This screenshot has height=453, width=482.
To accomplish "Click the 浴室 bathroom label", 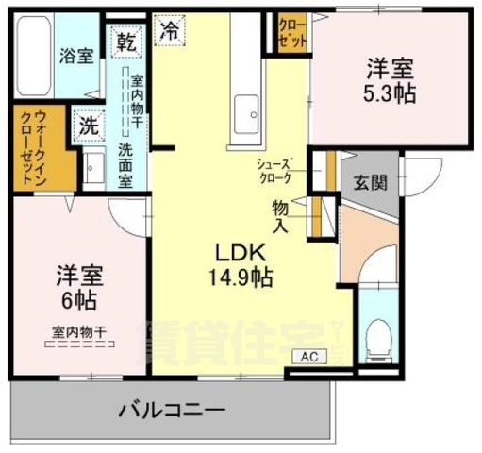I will (77, 56).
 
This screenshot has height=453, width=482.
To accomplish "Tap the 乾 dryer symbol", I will (125, 42).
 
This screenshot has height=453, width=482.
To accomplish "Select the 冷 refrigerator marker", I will (169, 30).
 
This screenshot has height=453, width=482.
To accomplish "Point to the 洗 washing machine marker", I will (89, 125).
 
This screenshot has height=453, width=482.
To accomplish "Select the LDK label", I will (241, 254).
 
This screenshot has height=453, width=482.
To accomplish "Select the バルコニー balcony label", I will (171, 411).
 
